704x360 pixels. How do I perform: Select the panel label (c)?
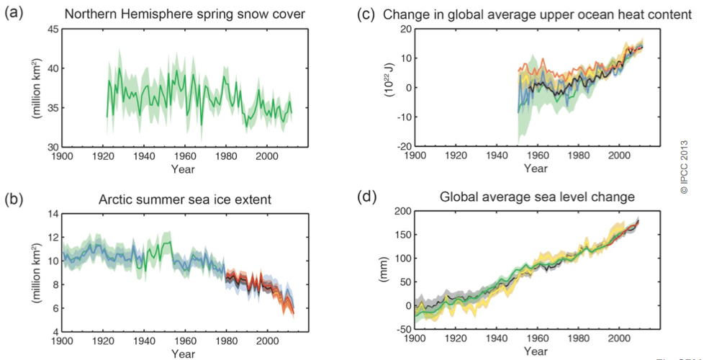[x=369, y=14]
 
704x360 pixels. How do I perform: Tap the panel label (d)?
[x=369, y=194]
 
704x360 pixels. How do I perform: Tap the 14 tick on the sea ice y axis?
[x=53, y=214]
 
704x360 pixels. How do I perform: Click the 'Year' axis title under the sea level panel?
[x=536, y=351]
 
